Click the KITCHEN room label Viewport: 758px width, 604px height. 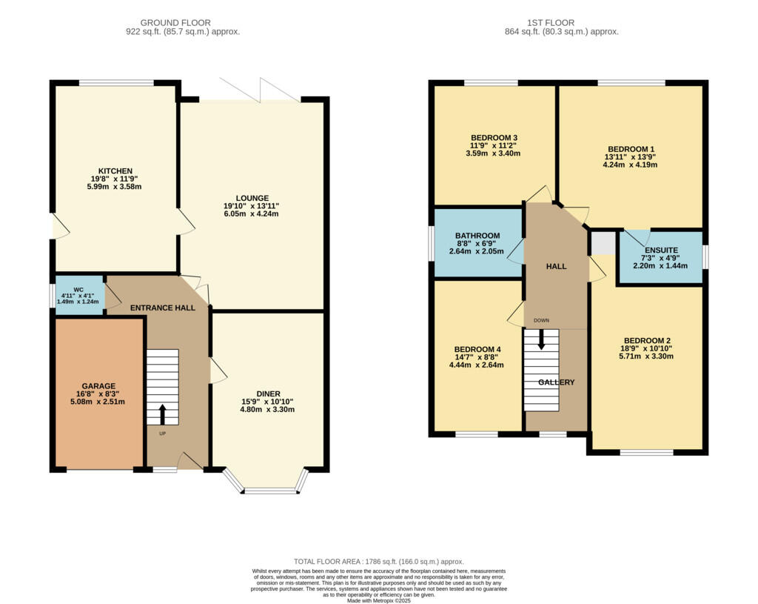click(115, 171)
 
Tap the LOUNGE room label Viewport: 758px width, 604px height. click(252, 198)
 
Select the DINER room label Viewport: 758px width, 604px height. click(268, 394)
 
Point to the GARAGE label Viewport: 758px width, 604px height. click(98, 386)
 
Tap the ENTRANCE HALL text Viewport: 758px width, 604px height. click(163, 307)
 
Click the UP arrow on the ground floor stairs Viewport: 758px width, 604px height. click(163, 415)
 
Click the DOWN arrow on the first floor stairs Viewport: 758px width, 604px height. click(541, 339)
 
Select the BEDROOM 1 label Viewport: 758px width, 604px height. click(631, 149)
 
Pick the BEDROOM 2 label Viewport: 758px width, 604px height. click(646, 341)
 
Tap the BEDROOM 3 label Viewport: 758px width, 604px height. click(494, 138)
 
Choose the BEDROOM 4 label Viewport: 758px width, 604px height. click(477, 349)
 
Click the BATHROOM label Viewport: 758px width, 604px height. click(477, 236)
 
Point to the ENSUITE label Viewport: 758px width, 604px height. click(660, 250)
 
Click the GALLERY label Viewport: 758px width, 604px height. click(556, 382)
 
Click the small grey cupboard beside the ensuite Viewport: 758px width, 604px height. click(603, 243)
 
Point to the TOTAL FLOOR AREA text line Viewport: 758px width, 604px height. click(379, 562)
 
